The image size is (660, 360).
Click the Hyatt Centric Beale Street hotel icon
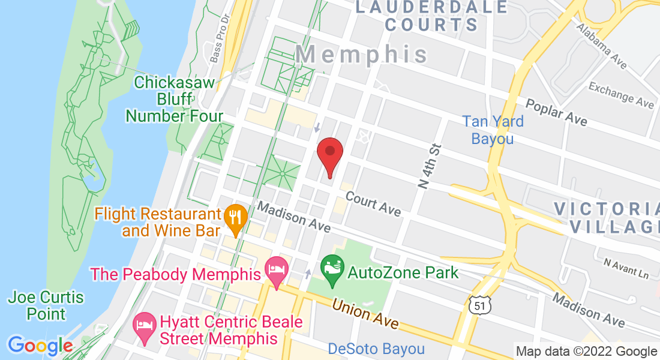tap(145, 326)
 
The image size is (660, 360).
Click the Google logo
tap(40, 346)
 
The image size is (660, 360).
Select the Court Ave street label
tap(373, 204)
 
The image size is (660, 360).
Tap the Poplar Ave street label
tap(557, 111)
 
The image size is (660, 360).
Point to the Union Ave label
tap(365, 313)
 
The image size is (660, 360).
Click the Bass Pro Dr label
tap(220, 40)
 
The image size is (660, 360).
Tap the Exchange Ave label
tap(621, 95)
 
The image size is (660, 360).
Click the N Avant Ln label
tap(626, 268)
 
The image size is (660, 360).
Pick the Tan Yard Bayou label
tap(493, 130)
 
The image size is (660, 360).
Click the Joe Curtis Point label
tap(46, 305)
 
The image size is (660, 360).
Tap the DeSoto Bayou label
tap(376, 349)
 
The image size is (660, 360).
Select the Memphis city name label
tap(362, 55)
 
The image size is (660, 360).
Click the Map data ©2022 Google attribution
tap(586, 351)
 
